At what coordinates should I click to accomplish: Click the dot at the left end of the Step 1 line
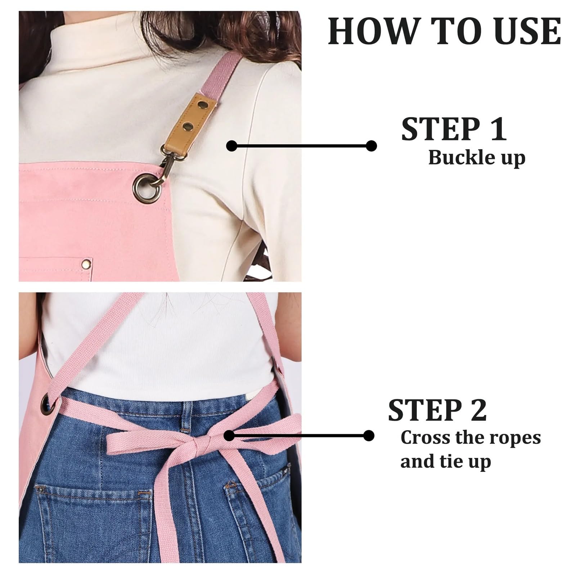[232, 146]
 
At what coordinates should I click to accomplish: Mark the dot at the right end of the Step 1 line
[371, 146]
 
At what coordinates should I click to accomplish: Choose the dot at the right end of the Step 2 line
[369, 436]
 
